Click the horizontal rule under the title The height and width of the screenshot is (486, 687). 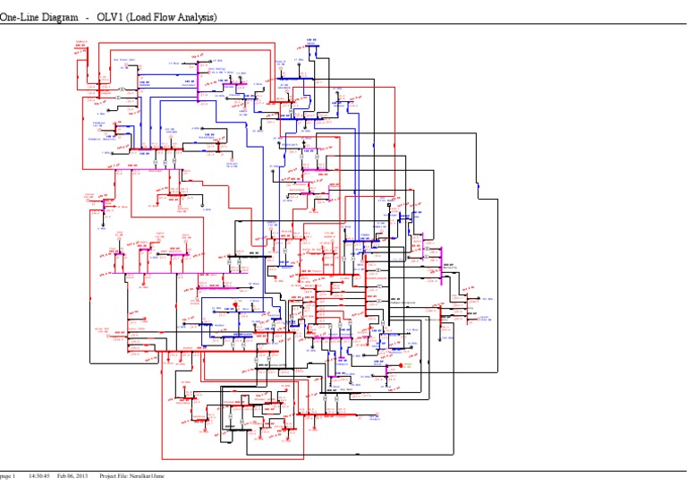343,27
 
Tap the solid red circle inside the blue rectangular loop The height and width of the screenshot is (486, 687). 235,305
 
